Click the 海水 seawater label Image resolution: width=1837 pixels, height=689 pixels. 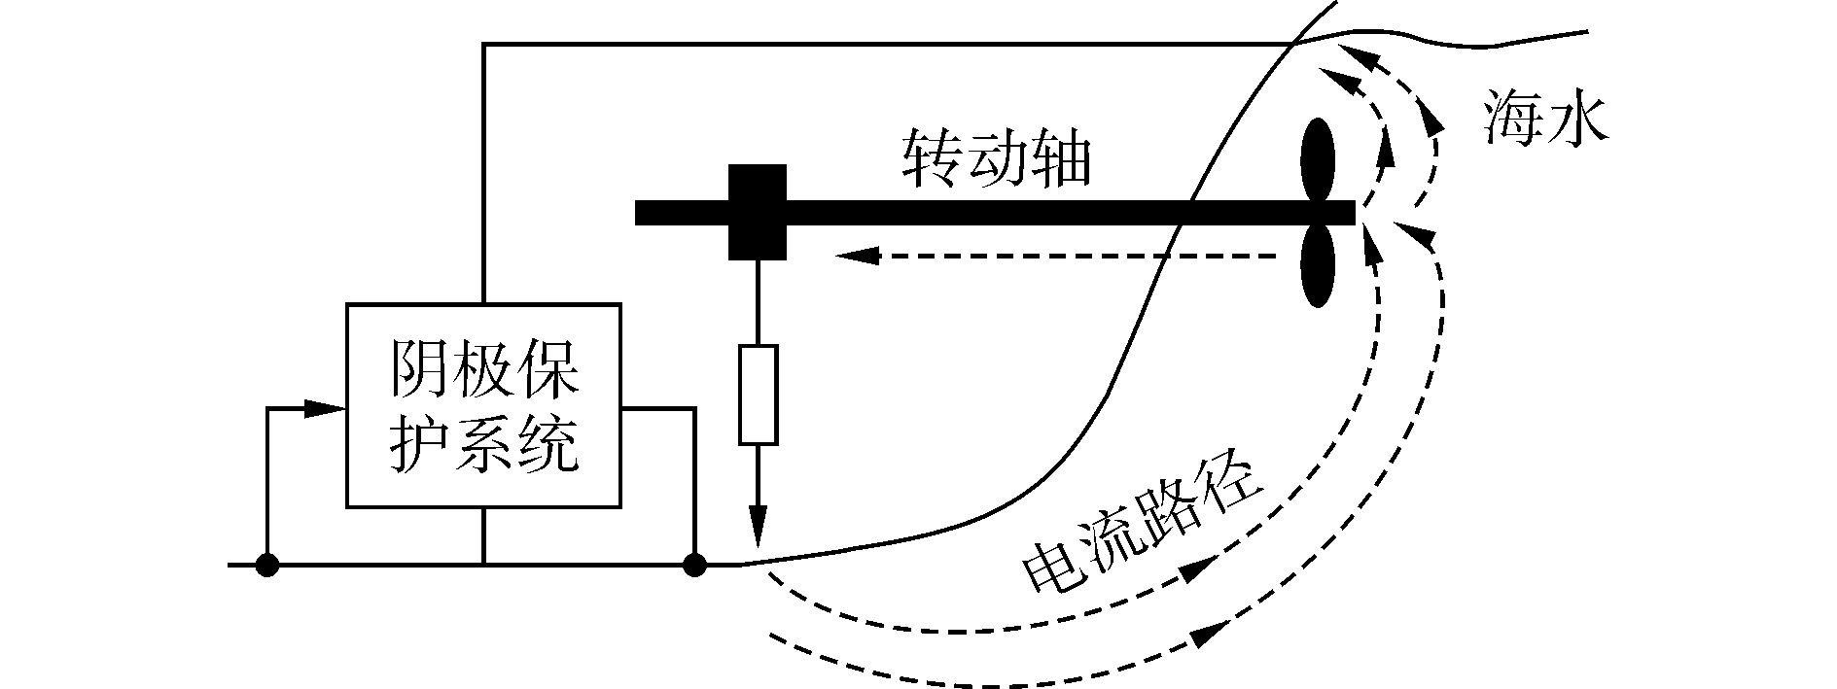(1545, 119)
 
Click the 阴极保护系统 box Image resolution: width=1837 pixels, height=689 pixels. (483, 405)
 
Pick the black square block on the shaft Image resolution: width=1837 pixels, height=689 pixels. (758, 212)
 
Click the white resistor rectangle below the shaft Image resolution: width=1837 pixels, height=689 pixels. (758, 395)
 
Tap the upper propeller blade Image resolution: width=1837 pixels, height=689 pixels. (1318, 160)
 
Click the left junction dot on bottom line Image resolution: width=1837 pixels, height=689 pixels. (266, 564)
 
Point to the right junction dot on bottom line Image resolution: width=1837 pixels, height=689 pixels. (694, 564)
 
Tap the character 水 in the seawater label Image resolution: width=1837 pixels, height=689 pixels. (1579, 119)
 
